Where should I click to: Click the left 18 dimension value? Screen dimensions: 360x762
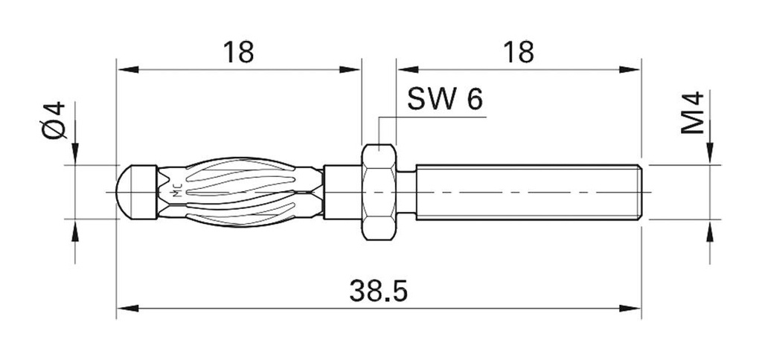pos(237,52)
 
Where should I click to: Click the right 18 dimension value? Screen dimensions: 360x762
pos(518,52)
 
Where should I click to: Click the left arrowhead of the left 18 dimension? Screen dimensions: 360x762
pos(127,71)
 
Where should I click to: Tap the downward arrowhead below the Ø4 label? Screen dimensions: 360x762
pos(74,154)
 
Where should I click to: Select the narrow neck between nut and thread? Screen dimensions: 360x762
pos(406,191)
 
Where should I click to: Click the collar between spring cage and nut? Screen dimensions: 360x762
pos(342,191)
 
